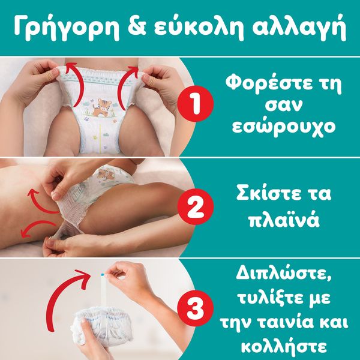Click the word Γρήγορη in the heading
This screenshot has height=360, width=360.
coord(67,28)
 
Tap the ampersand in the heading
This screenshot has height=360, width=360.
coord(136,26)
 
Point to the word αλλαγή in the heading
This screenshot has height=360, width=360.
coord(299,28)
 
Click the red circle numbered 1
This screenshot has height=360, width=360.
coord(196,103)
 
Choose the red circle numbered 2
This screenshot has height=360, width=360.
coord(196,206)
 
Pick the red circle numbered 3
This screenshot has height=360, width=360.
coord(196,308)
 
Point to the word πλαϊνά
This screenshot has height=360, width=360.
coord(284,220)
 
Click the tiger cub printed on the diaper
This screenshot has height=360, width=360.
coord(102,107)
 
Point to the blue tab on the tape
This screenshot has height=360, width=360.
coord(103,274)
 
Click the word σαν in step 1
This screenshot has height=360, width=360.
coord(283,106)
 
